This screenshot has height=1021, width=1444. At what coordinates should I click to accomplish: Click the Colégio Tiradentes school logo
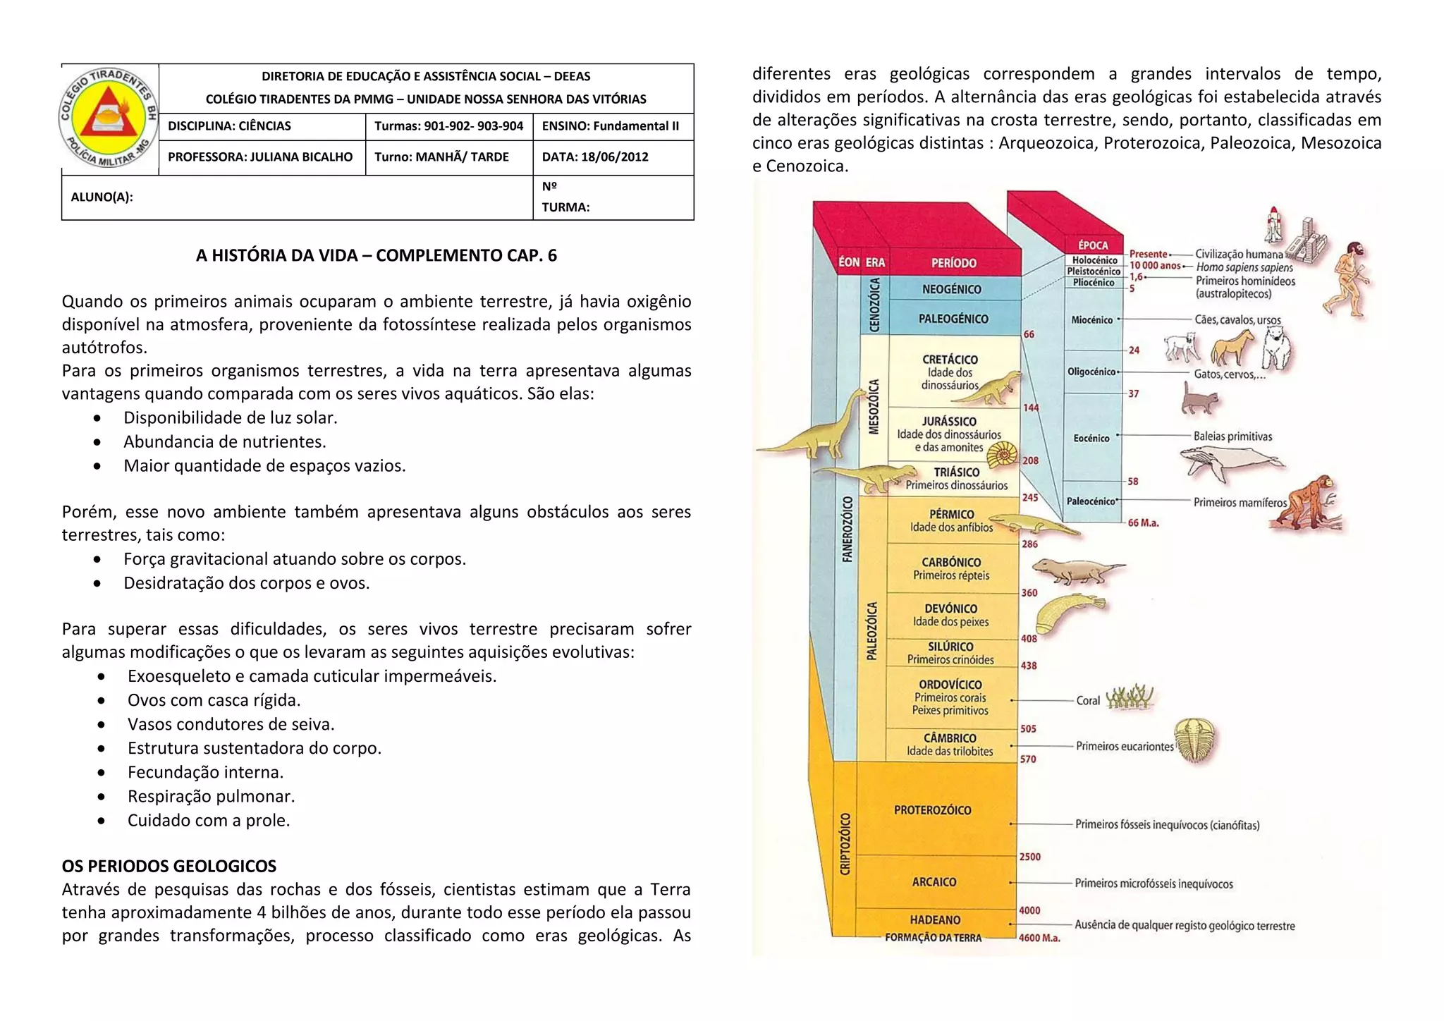[x=109, y=118]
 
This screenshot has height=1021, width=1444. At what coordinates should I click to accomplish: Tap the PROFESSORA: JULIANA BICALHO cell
[x=260, y=157]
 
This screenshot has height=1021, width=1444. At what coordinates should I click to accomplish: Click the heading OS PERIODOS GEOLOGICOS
[x=169, y=866]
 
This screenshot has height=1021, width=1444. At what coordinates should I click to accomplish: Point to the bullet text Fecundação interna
[x=205, y=772]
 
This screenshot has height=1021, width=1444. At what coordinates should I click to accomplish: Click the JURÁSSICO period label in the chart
[x=949, y=422]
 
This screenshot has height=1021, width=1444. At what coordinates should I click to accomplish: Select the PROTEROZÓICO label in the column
[x=932, y=810]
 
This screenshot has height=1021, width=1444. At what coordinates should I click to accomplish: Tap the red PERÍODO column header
[x=953, y=263]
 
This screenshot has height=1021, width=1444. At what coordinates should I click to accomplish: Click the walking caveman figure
[x=1347, y=279]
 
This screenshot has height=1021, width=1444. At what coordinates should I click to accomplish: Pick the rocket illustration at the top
[x=1273, y=224]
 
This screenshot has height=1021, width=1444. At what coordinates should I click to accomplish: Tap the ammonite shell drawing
[x=1002, y=455]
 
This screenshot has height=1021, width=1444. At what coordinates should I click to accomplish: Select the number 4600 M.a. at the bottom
[x=1039, y=938]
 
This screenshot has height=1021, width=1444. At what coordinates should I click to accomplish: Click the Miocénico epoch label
[x=1091, y=320]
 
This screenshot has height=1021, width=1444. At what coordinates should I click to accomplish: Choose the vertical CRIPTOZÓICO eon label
[x=845, y=843]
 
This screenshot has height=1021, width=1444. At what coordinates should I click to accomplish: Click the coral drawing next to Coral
[x=1129, y=697]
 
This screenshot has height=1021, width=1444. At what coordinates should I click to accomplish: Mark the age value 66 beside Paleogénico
[x=1029, y=334]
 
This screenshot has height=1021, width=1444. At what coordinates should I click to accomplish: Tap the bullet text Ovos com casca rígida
[x=214, y=700]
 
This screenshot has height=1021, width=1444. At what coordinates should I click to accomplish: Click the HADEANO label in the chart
[x=934, y=919]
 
